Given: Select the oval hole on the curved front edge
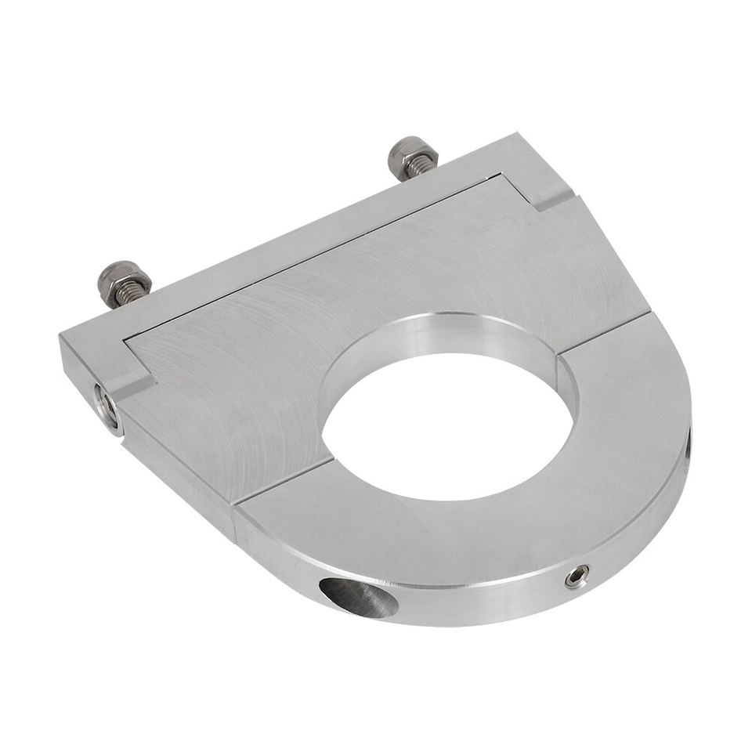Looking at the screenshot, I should [356, 597].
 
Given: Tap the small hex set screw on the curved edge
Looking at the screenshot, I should [578, 577].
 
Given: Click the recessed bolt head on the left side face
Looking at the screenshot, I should [106, 404].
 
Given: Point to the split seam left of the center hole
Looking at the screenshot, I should [282, 479].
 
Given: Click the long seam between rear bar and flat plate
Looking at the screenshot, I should [313, 258].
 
